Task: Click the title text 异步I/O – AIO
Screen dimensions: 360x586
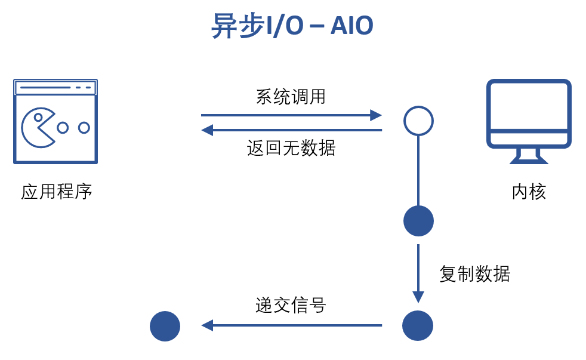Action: pyautogui.click(x=292, y=26)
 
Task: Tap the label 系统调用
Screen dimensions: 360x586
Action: pyautogui.click(x=291, y=96)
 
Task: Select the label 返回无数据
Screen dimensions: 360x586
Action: pyautogui.click(x=291, y=147)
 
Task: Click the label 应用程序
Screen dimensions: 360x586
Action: pyautogui.click(x=56, y=192)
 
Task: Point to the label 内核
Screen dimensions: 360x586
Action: pyautogui.click(x=529, y=192)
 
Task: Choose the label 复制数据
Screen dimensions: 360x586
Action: pyautogui.click(x=474, y=274)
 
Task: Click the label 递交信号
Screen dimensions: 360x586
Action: pyautogui.click(x=291, y=305)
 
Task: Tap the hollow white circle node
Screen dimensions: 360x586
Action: pyautogui.click(x=418, y=121)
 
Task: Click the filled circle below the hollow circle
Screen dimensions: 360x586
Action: pyautogui.click(x=418, y=221)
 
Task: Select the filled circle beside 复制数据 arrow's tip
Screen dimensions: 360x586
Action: pyautogui.click(x=418, y=325)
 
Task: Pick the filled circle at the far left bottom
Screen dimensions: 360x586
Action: pyautogui.click(x=165, y=326)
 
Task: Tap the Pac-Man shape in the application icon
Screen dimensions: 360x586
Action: pyautogui.click(x=37, y=127)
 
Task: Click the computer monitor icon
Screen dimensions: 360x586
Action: pyautogui.click(x=529, y=113)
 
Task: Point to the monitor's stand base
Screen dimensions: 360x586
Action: pyautogui.click(x=529, y=160)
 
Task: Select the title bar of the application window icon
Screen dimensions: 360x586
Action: pyautogui.click(x=55, y=88)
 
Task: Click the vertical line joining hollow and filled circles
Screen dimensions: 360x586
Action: pyautogui.click(x=418, y=171)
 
